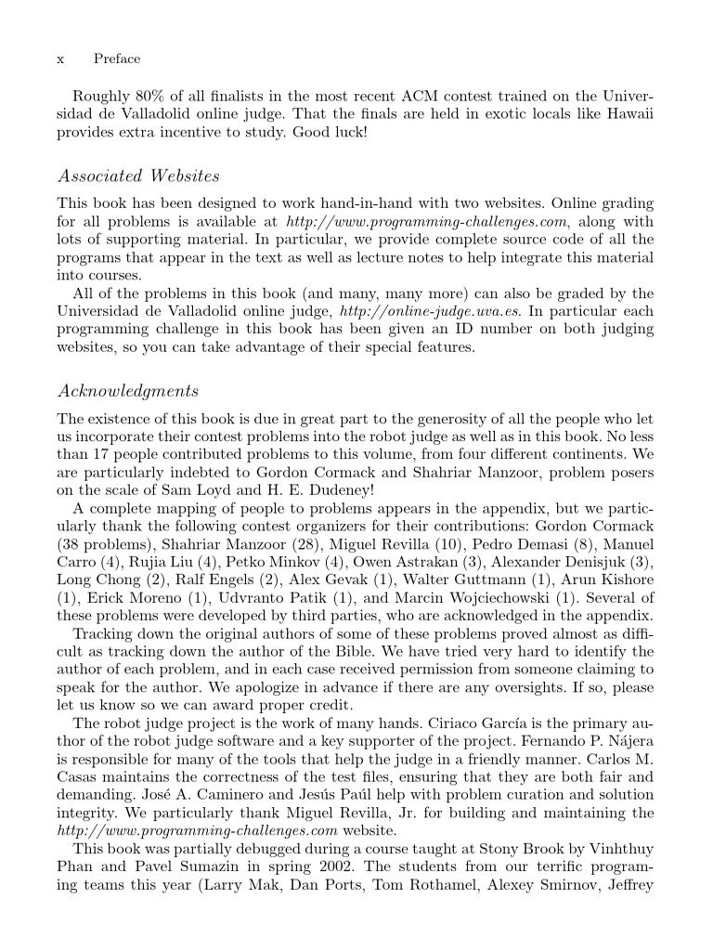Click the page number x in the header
coord(60,59)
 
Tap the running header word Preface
coord(117,59)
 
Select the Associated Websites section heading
coord(138,176)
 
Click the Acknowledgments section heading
coord(128,390)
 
